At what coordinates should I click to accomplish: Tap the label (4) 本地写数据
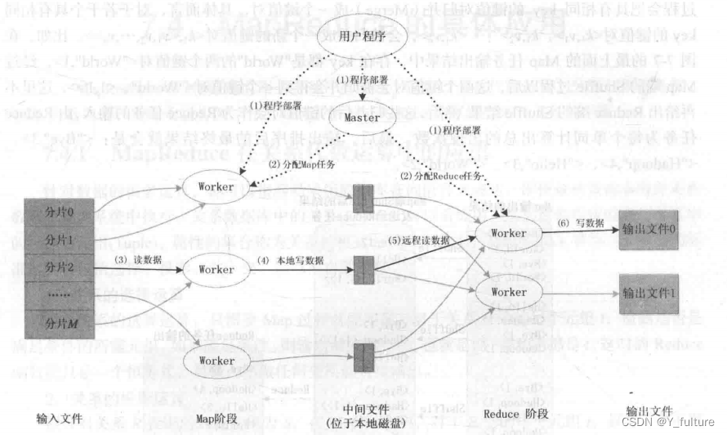(x=291, y=260)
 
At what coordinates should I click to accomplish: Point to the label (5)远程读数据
(x=419, y=240)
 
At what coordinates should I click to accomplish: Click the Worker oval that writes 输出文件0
(x=509, y=232)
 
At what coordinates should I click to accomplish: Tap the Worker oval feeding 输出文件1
(x=509, y=292)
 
